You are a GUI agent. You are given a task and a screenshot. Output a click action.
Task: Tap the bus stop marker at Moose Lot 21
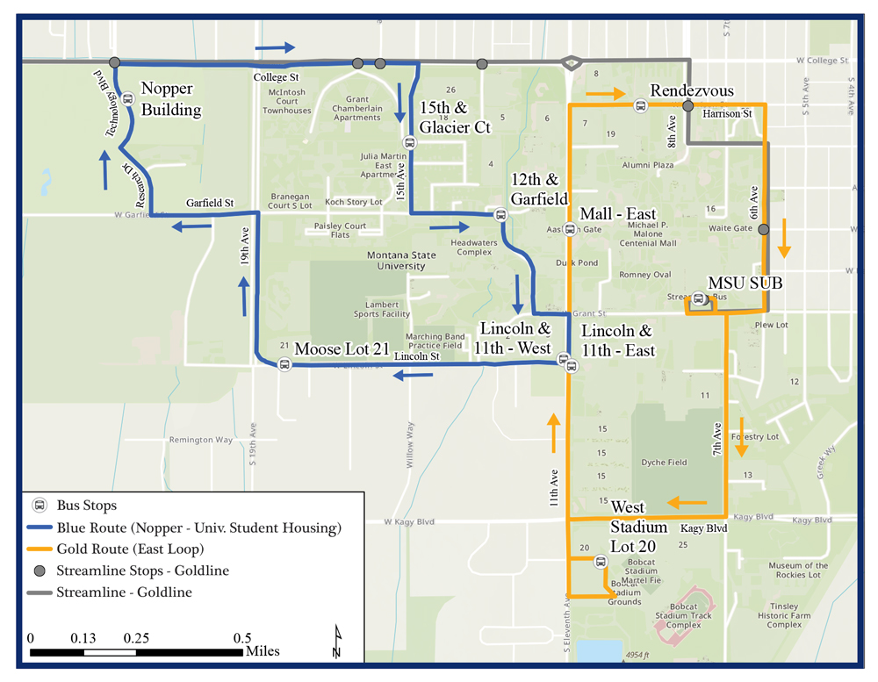pyautogui.click(x=284, y=364)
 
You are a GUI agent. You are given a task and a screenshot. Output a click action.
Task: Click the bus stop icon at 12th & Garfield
pyautogui.click(x=500, y=214)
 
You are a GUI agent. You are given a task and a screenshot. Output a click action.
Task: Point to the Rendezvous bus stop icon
pyautogui.click(x=640, y=106)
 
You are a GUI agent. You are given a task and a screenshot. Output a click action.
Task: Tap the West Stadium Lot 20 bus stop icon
pyautogui.click(x=601, y=562)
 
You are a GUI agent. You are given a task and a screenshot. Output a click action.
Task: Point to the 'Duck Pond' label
pyautogui.click(x=577, y=262)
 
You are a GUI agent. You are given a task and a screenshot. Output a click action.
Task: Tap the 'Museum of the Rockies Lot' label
pyautogui.click(x=798, y=571)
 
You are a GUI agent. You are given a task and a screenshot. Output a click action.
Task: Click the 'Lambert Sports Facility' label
pyautogui.click(x=382, y=308)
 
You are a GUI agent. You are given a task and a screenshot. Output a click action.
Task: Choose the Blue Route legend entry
pyautogui.click(x=198, y=528)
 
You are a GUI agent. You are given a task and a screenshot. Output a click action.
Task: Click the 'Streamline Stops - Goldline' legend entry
pyautogui.click(x=142, y=571)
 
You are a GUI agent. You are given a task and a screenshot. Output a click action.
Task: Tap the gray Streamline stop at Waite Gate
pyautogui.click(x=764, y=230)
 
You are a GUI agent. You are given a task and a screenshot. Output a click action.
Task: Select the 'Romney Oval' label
pyautogui.click(x=645, y=275)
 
